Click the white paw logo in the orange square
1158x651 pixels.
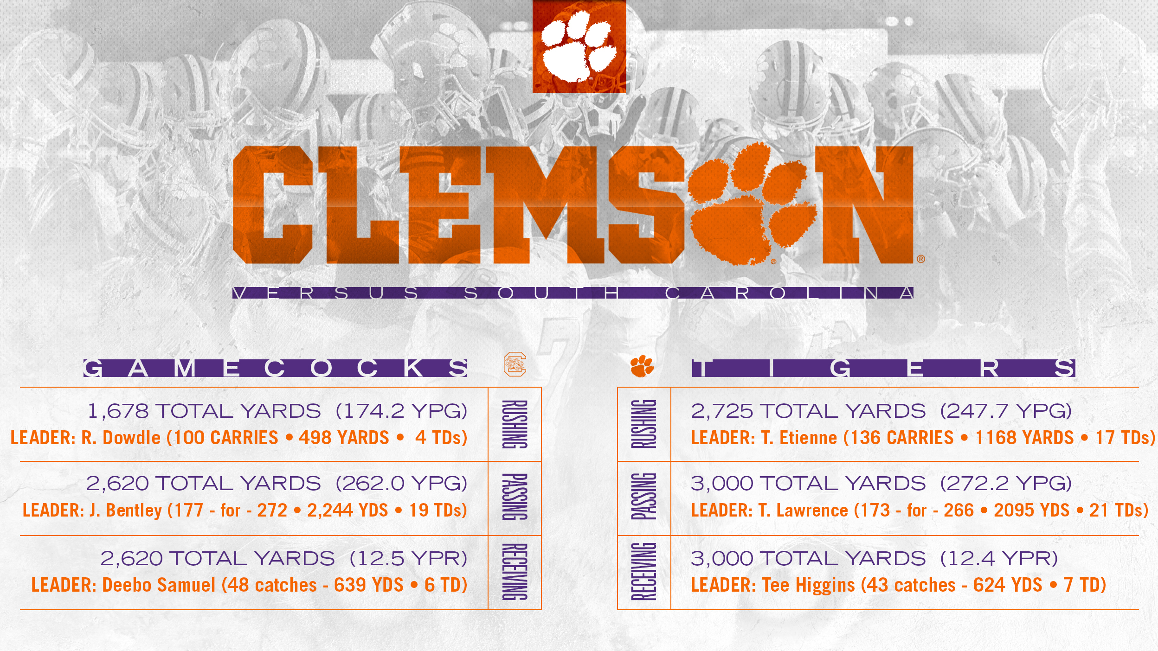[x=579, y=46]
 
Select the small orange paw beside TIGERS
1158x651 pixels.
[x=642, y=366]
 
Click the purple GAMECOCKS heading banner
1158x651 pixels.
[x=275, y=368]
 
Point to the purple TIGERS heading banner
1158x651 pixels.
[x=883, y=368]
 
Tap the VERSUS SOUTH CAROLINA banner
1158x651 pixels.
[x=573, y=293]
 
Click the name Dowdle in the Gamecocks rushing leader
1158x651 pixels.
[x=132, y=438]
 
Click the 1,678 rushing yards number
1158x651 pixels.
[x=118, y=411]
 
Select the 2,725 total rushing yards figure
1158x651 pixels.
[x=722, y=411]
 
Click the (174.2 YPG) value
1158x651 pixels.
[x=401, y=411]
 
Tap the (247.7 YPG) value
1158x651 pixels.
[x=1006, y=411]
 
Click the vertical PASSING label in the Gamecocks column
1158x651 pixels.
[x=515, y=497]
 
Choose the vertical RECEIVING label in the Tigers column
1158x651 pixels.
[x=644, y=572]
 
